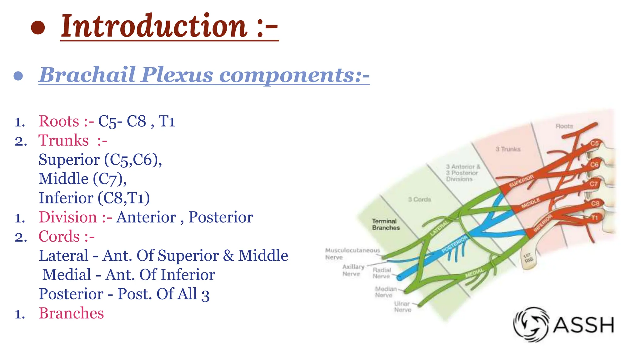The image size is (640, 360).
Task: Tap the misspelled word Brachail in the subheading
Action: (x=87, y=75)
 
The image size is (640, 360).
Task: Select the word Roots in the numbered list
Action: (x=59, y=121)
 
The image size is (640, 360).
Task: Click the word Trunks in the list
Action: (x=63, y=140)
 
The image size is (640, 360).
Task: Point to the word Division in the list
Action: (x=68, y=217)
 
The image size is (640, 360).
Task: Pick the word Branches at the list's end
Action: (x=71, y=313)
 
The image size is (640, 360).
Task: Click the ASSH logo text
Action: (x=583, y=325)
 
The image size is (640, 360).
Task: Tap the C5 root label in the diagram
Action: (x=594, y=143)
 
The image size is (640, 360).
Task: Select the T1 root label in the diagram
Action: (x=594, y=217)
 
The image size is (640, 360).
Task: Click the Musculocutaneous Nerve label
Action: (x=352, y=254)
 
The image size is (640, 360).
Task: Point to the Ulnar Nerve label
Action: (x=402, y=307)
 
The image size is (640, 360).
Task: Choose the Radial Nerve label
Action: (x=382, y=273)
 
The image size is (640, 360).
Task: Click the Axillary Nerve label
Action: (x=353, y=270)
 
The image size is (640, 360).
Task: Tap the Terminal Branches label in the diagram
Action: (x=385, y=224)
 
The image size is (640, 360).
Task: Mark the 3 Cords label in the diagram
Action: (x=419, y=199)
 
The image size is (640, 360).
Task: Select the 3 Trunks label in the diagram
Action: (x=508, y=149)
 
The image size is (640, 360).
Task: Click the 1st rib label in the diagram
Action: (x=528, y=258)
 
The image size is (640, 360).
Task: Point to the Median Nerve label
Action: (x=385, y=292)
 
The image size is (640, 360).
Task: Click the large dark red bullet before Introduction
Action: (x=38, y=27)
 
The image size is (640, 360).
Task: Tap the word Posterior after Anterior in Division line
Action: (x=221, y=217)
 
